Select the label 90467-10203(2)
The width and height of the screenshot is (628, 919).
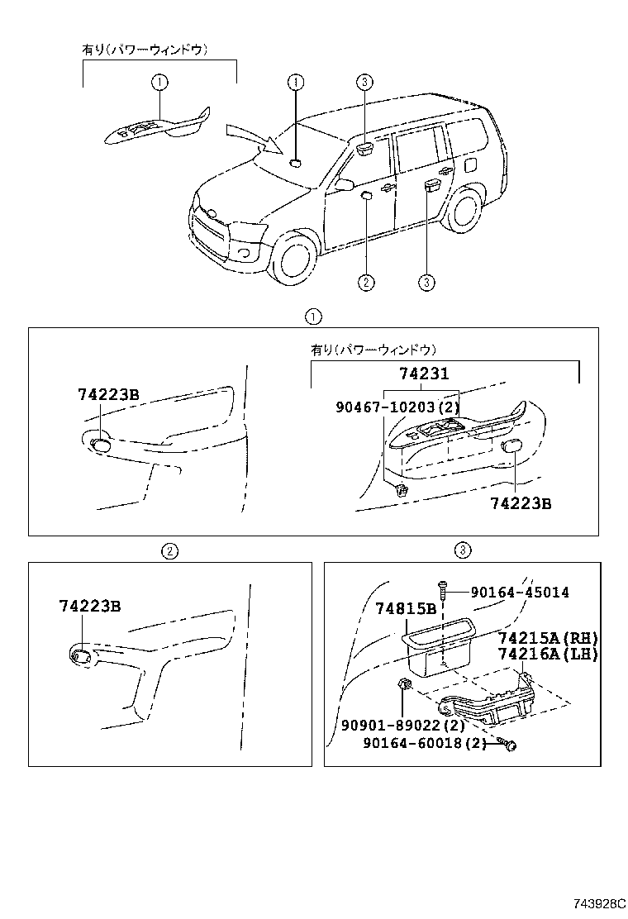coord(397,407)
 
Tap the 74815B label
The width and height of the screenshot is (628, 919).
coord(406,609)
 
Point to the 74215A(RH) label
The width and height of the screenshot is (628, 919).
coord(547,638)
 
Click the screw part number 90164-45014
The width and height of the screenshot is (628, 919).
coord(520,593)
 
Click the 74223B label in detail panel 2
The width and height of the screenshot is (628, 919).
coord(90,606)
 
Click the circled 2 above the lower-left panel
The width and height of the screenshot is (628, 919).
coord(169,550)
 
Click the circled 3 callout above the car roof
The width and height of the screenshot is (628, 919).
coord(365,81)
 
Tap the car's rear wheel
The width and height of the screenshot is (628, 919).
coord(467,214)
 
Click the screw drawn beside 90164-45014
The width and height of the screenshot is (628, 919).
coord(445,589)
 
